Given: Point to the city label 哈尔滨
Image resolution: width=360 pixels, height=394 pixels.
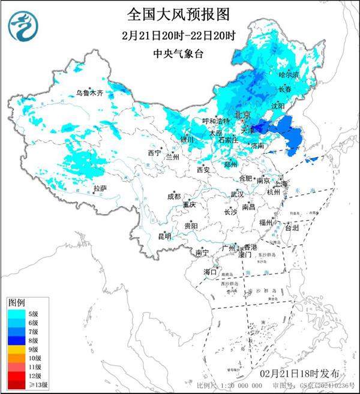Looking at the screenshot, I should [289, 76].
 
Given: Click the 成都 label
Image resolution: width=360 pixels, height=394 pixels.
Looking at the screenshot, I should [174, 196].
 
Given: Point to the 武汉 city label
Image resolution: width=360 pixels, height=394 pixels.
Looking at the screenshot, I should [237, 194].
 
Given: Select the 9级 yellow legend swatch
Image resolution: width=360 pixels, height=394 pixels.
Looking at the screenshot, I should [16, 348].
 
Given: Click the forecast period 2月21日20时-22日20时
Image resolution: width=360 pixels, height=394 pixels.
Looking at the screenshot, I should [178, 34].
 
